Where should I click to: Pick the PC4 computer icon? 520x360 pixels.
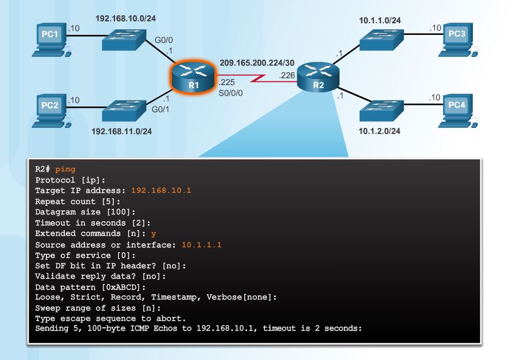coord(456,110)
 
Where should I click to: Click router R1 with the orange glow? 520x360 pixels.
coord(193,78)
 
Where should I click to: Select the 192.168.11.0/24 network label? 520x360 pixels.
coord(122,131)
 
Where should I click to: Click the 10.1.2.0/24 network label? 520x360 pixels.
coord(380,131)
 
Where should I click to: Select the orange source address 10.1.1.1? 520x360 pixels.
coord(201,244)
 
